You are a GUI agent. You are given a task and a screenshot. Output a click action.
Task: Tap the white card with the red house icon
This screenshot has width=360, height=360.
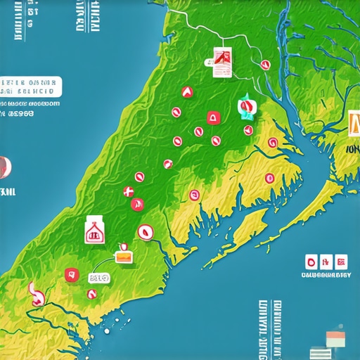(x=94, y=230)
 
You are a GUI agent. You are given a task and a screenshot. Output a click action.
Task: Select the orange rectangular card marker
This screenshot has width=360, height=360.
(x=124, y=258)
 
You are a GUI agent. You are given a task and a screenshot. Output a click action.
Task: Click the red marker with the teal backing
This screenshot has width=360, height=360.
(x=246, y=108)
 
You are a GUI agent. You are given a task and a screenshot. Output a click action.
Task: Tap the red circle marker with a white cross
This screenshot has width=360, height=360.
(x=128, y=191)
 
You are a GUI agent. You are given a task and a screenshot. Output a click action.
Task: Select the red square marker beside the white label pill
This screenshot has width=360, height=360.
(x=70, y=274)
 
